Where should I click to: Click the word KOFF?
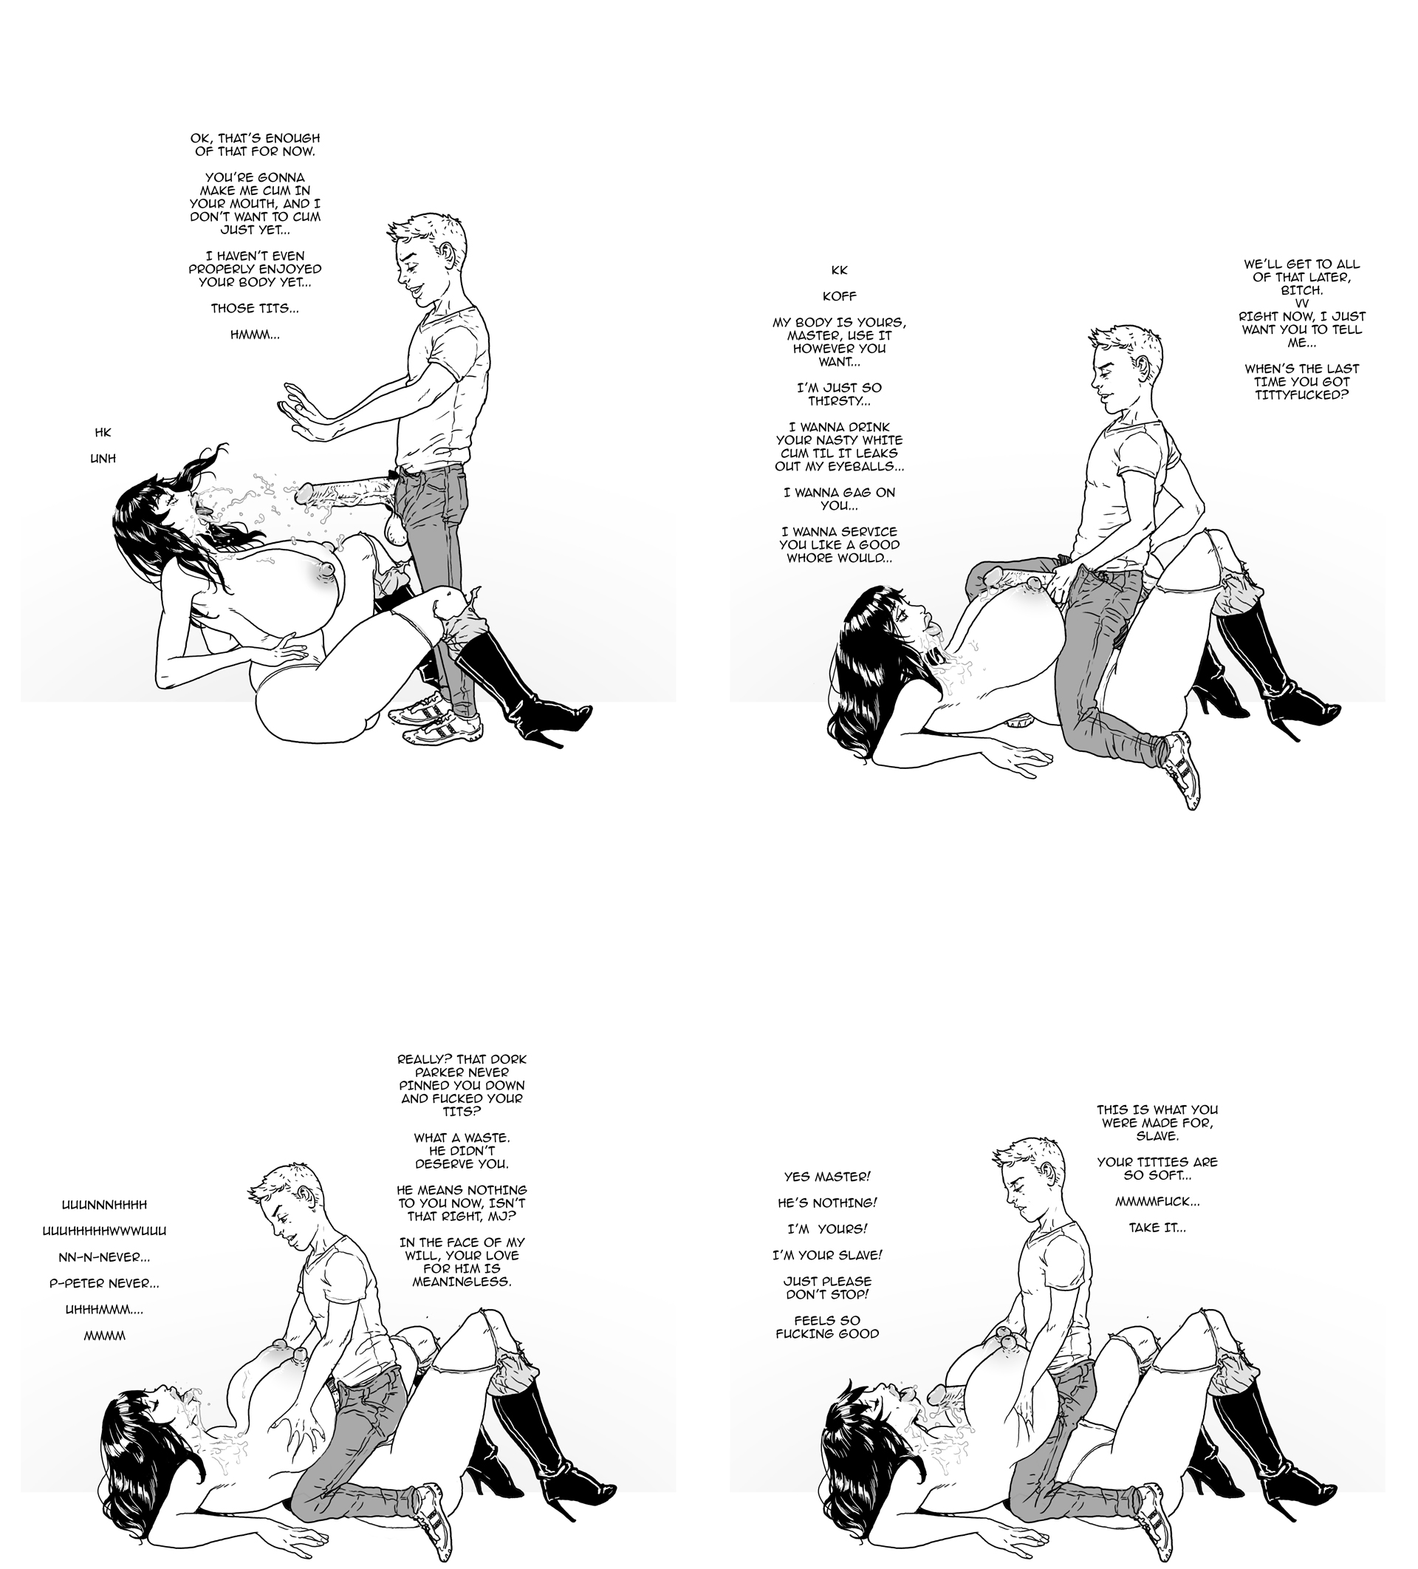pyautogui.click(x=839, y=296)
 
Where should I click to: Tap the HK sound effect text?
pyautogui.click(x=103, y=432)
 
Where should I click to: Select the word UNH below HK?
pyautogui.click(x=103, y=459)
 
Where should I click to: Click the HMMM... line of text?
pyautogui.click(x=255, y=335)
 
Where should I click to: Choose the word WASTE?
pyautogui.click(x=486, y=1138)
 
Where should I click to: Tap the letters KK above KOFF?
pyautogui.click(x=839, y=270)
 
